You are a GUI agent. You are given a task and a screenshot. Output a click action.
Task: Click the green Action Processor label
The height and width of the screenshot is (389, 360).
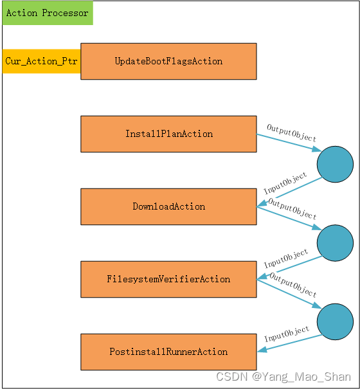47,13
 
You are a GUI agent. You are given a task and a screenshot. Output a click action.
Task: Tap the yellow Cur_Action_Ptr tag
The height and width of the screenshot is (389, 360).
41,61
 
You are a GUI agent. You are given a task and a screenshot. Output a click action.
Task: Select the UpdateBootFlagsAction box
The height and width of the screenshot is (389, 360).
168,61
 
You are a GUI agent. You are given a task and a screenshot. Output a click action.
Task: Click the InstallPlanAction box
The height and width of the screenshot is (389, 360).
168,134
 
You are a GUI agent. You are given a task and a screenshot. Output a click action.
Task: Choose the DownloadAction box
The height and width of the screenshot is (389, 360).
168,206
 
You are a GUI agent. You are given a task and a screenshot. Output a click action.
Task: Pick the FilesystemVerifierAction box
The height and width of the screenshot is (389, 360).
168,279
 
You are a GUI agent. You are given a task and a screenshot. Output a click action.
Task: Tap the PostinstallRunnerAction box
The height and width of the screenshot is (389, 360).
168,352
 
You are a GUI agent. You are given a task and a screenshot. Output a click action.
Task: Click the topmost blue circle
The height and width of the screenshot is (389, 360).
335,164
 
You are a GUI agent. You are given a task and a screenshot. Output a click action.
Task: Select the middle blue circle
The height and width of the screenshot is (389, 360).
335,243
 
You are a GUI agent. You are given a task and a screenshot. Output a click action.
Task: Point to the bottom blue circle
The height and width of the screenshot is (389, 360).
335,320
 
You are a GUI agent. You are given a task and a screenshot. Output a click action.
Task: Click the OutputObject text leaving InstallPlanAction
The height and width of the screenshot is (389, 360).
292,133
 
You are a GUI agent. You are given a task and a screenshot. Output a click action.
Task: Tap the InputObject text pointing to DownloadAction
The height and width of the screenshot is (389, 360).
285,183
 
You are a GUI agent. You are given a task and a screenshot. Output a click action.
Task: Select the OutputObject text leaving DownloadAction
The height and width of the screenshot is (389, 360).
292,209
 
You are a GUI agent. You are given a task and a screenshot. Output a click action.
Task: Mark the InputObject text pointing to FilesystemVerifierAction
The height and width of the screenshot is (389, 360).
286,259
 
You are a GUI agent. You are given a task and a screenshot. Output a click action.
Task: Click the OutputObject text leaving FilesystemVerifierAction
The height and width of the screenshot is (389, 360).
293,285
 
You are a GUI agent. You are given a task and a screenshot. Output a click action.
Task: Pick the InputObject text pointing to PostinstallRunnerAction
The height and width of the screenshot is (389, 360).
287,335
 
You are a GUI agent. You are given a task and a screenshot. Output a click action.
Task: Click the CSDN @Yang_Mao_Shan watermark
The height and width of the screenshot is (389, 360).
283,377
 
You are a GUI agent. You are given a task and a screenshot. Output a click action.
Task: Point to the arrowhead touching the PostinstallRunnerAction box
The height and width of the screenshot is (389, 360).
261,350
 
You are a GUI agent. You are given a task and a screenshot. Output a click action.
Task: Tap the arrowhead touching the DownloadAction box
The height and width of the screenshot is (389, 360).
261,205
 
